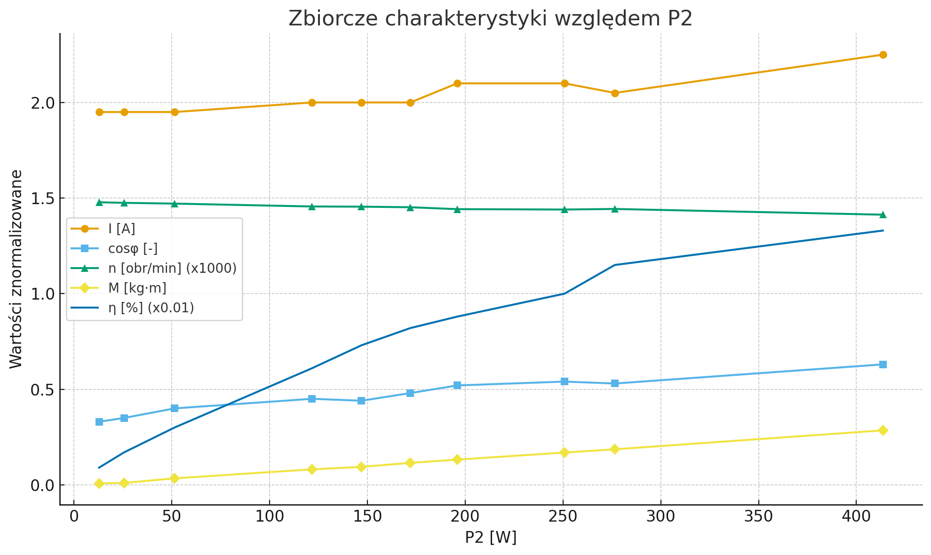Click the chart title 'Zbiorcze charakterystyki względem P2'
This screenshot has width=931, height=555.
coord(490,19)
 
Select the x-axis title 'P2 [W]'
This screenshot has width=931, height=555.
coord(490,538)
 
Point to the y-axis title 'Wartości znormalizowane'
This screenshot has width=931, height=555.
coord(16,269)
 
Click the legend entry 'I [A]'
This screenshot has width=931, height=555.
coord(121,229)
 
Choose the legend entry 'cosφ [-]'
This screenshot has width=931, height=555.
coord(133,249)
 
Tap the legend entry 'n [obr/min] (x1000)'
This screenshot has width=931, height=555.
coord(172,268)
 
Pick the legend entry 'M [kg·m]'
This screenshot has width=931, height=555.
coord(137,288)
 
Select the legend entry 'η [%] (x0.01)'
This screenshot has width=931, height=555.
coord(151,308)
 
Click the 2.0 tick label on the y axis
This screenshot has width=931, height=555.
coord(42,103)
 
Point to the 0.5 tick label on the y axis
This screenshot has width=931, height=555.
coord(42,390)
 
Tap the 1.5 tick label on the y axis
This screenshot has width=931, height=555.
coord(42,198)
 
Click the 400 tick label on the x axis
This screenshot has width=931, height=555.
coord(856,517)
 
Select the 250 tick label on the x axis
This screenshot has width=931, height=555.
coord(563,517)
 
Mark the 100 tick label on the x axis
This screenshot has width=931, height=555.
coord(269,517)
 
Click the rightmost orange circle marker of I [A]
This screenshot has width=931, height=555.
coord(883,55)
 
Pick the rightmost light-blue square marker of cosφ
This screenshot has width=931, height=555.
coord(883,365)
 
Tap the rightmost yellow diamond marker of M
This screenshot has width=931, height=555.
coord(883,430)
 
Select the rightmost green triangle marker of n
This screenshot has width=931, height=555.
coord(883,214)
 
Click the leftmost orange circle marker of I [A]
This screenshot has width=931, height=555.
coord(99,112)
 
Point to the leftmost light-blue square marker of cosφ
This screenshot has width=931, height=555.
coord(99,422)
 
